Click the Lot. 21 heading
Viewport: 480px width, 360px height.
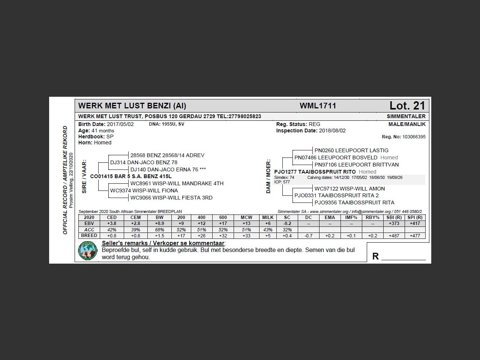click(407, 106)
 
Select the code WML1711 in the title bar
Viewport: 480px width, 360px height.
click(318, 106)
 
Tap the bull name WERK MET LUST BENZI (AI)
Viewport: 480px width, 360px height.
click(132, 106)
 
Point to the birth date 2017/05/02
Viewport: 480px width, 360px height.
click(120, 124)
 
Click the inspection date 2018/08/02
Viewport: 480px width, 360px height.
click(332, 130)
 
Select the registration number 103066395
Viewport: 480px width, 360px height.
click(414, 137)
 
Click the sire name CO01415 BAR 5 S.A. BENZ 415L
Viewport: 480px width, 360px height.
click(131, 176)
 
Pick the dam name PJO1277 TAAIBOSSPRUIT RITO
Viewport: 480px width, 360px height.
click(315, 172)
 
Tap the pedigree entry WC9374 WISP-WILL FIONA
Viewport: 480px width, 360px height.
click(144, 190)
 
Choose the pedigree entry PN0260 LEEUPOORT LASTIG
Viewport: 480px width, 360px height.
click(351, 150)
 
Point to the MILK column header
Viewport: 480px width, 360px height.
click(268, 217)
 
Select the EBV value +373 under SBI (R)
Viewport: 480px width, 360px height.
click(394, 223)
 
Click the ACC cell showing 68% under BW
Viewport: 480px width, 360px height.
click(159, 230)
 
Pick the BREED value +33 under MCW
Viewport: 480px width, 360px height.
click(246, 236)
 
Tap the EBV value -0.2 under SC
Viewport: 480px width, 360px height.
click(287, 223)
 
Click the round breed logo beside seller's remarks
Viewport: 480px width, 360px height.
click(88, 251)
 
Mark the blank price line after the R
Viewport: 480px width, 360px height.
click(403, 258)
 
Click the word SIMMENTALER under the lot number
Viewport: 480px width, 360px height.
click(406, 116)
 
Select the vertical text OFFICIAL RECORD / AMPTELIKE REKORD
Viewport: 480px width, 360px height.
click(65, 180)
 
